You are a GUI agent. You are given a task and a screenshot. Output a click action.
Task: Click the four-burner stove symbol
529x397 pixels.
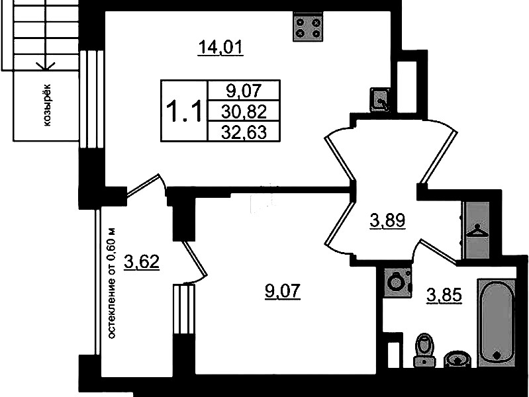click(x=308, y=26)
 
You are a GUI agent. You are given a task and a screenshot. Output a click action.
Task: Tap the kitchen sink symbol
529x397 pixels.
click(x=380, y=99)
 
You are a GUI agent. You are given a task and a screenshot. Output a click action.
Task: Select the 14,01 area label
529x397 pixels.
click(x=220, y=48)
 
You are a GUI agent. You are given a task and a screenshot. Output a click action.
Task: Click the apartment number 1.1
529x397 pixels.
click(x=184, y=110)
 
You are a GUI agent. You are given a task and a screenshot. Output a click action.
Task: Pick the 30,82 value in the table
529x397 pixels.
click(x=244, y=111)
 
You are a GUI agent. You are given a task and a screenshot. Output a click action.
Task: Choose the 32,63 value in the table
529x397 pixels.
click(x=244, y=132)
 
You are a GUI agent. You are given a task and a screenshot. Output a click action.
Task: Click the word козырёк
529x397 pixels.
click(x=47, y=105)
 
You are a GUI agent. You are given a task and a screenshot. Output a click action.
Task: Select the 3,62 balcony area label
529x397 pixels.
click(x=142, y=262)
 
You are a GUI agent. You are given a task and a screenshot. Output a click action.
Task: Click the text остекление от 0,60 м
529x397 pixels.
click(x=112, y=284)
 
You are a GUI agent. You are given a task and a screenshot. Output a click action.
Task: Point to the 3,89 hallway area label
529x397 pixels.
click(x=387, y=220)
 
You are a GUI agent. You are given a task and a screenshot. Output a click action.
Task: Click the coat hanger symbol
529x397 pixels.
click(x=477, y=231)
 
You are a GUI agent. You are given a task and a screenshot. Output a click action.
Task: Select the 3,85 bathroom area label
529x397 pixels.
click(x=444, y=296)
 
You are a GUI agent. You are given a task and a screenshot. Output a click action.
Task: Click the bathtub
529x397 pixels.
click(x=497, y=322)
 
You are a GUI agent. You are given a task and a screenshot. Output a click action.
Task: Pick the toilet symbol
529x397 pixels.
click(x=425, y=350)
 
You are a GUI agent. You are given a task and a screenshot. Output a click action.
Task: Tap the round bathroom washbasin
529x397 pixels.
click(x=457, y=359)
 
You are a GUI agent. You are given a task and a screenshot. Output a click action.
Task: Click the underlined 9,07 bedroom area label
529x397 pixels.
click(x=283, y=291)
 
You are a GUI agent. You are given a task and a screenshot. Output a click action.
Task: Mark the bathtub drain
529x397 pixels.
click(x=497, y=355)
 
